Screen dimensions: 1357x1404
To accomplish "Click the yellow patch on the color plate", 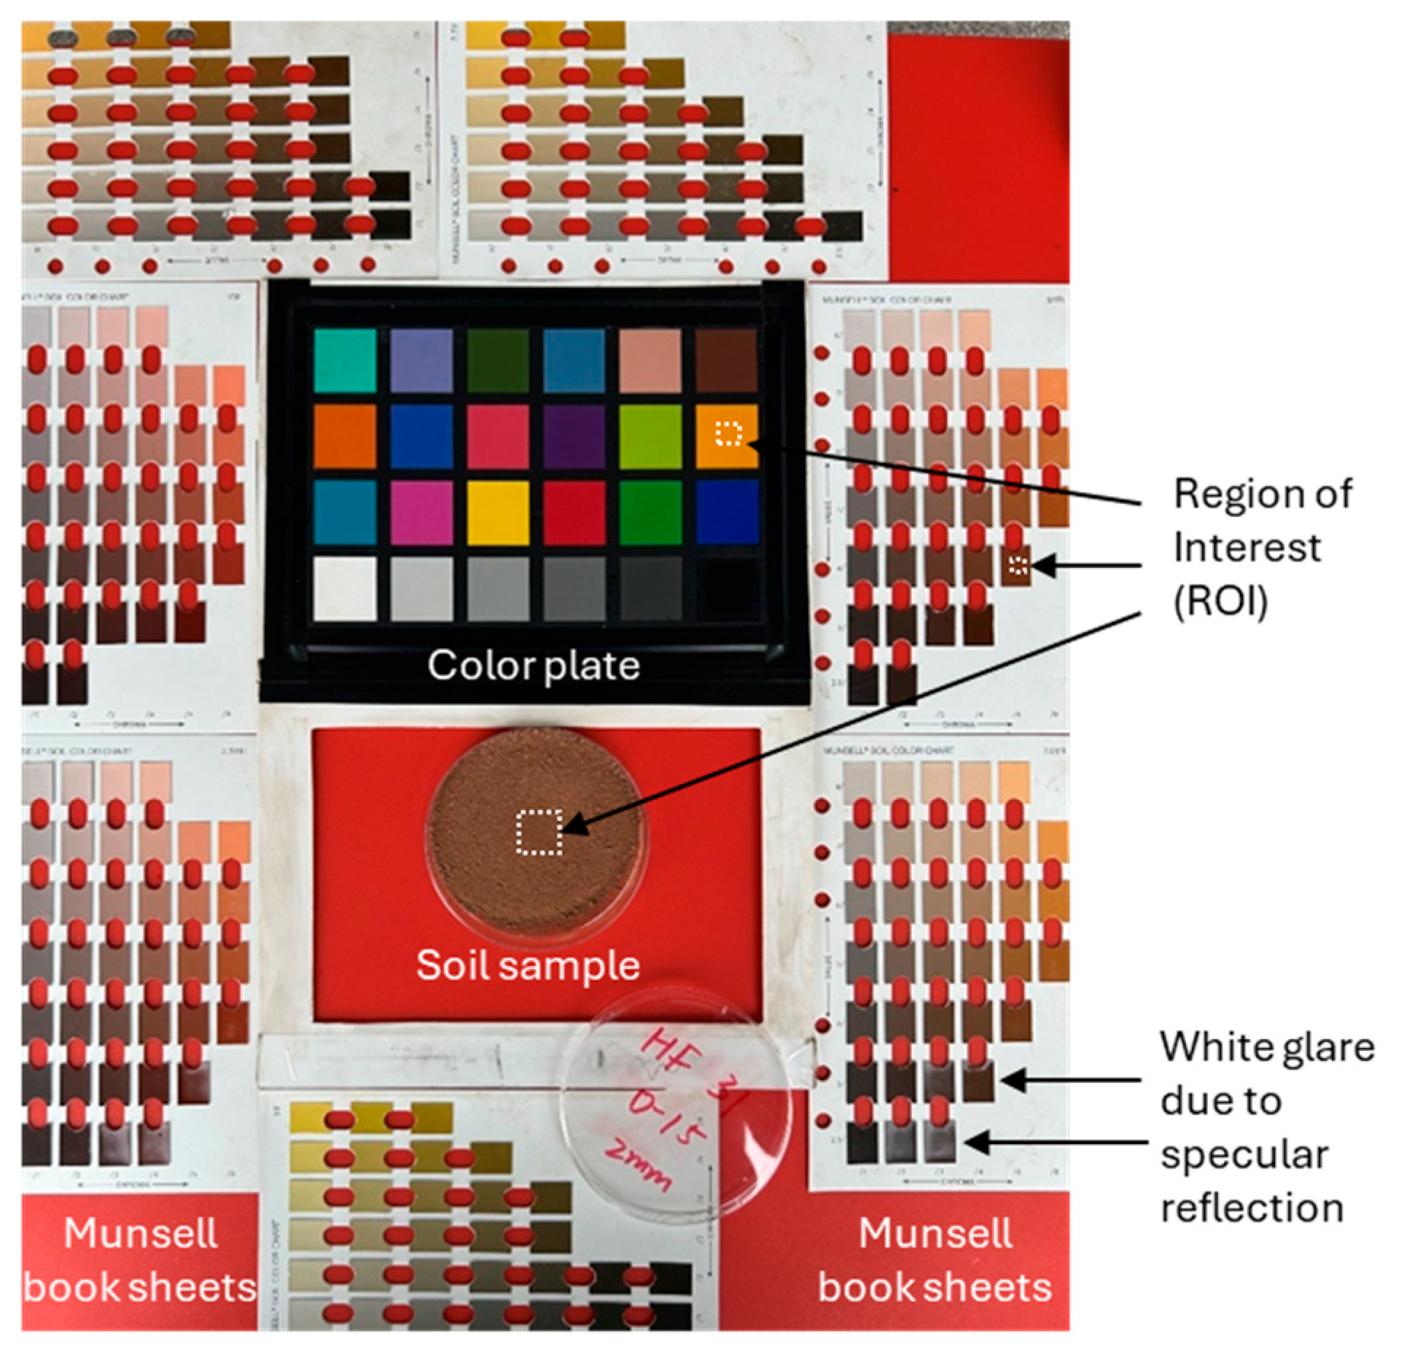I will click(498, 513).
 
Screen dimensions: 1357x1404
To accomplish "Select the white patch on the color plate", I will click(345, 588).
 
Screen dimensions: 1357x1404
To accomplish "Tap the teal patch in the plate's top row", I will click(345, 360).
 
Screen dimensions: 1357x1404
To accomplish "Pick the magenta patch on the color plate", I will click(421, 513).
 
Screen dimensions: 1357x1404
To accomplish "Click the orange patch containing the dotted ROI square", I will click(727, 435).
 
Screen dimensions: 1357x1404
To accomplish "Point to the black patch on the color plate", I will click(727, 588).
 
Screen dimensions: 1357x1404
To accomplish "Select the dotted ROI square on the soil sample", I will click(539, 831).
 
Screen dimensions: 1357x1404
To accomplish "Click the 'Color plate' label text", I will click(534, 666).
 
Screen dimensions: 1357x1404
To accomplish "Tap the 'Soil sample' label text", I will click(528, 965).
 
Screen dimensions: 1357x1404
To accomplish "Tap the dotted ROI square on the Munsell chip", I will click(1018, 564).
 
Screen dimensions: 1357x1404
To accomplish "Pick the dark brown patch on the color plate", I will click(727, 360).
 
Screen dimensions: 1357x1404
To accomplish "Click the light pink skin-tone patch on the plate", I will click(650, 360).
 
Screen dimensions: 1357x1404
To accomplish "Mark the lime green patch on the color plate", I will click(650, 437).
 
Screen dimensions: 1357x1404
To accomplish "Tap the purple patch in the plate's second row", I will click(574, 437).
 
